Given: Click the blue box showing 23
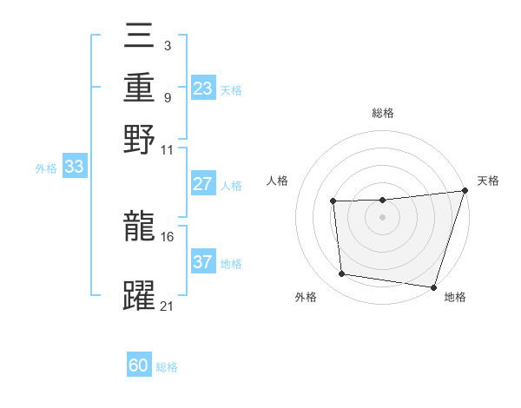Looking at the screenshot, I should [x=203, y=89].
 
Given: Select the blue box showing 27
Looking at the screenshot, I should [x=203, y=184].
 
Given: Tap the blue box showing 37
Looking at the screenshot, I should [x=203, y=262].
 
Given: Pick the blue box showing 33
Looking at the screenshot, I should [x=74, y=168].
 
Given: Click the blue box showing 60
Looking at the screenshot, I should [x=139, y=365].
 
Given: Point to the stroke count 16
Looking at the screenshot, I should [x=168, y=236].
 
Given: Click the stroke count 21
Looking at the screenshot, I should [x=168, y=306].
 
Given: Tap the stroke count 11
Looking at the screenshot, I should [x=168, y=149].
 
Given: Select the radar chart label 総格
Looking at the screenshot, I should [x=382, y=113].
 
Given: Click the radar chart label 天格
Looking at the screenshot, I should [x=488, y=181].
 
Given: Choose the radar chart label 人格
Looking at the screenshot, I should [x=278, y=181].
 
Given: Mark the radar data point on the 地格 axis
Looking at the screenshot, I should [x=433, y=286].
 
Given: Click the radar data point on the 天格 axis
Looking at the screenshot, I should [x=465, y=191].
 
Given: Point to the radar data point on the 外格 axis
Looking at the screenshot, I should [x=342, y=274].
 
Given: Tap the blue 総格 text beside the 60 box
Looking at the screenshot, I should [x=167, y=367].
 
